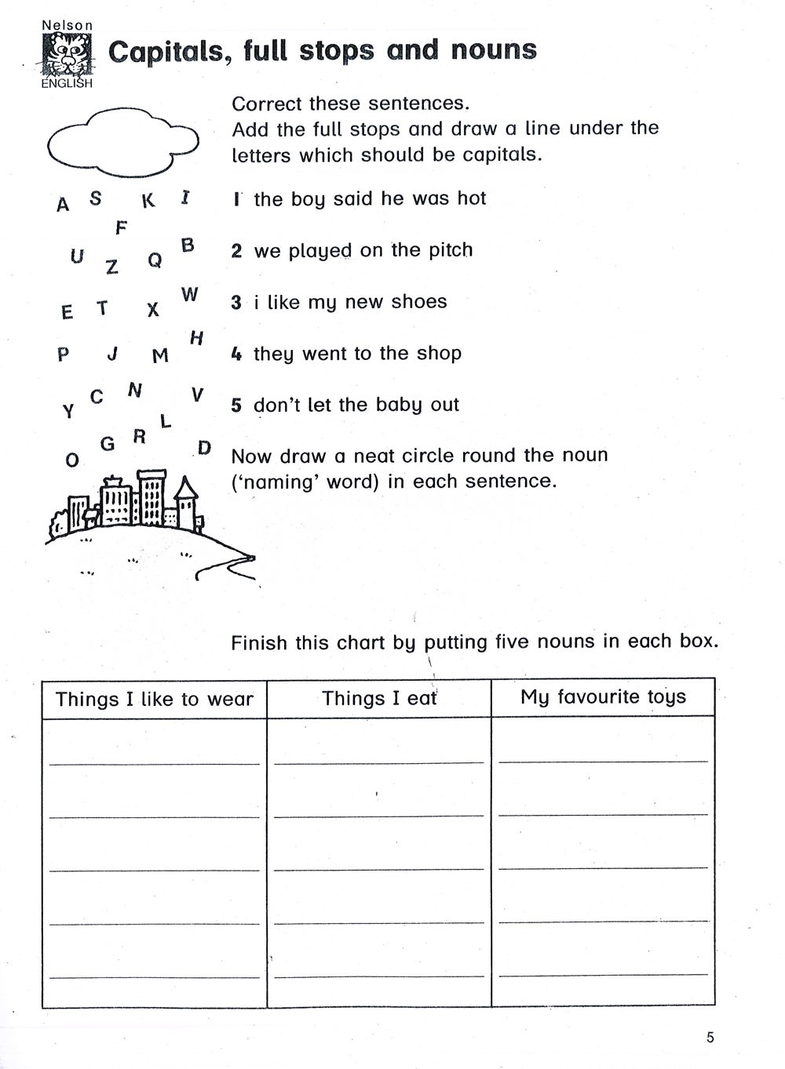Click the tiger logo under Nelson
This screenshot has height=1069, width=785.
(67, 56)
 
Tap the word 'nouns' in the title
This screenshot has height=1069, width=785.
(494, 50)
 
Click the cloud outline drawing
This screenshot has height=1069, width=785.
(122, 141)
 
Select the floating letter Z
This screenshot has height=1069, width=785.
(112, 267)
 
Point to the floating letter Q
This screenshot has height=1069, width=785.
(155, 260)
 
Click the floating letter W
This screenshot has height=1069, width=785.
(189, 295)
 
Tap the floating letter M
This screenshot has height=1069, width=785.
(160, 356)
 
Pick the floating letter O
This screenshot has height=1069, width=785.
(72, 460)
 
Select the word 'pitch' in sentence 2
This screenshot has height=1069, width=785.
(451, 250)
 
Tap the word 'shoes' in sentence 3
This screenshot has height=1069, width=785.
(419, 302)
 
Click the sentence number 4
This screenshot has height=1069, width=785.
(236, 354)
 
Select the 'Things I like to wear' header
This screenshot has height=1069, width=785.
(155, 699)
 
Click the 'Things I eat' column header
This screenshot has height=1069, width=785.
(379, 698)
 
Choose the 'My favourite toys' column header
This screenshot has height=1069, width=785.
(603, 697)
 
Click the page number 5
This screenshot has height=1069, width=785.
(710, 1038)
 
